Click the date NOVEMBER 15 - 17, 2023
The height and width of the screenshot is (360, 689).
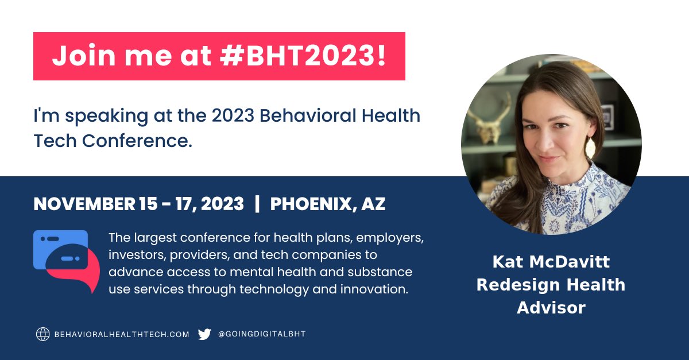tap(138, 204)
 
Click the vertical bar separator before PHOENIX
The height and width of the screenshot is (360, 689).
tap(257, 204)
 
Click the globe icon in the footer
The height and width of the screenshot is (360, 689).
tap(43, 334)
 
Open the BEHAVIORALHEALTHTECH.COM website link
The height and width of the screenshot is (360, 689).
tap(122, 334)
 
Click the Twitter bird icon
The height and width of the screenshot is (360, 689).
tap(204, 334)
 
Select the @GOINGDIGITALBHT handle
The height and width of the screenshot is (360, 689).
tap(262, 334)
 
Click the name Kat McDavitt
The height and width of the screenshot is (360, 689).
tap(551, 262)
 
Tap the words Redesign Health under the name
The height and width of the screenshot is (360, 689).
tap(551, 284)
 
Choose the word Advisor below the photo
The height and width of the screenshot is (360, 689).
tap(551, 307)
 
